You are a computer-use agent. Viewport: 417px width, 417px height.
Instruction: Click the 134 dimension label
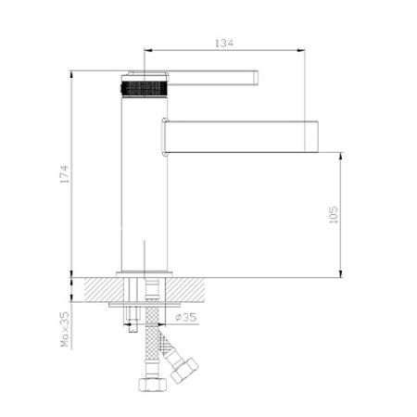[x=224, y=43]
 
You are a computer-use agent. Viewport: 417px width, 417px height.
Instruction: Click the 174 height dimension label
[x=65, y=174]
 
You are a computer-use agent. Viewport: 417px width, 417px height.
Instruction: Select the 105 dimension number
[x=334, y=214]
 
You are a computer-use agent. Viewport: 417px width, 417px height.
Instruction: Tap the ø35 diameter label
[x=185, y=317]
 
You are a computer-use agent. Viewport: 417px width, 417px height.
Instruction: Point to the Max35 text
[x=65, y=329]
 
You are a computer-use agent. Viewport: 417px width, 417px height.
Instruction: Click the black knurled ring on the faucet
[x=145, y=88]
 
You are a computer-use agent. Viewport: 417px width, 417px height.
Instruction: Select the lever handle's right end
[x=257, y=77]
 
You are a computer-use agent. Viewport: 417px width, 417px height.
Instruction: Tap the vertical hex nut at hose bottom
[x=152, y=385]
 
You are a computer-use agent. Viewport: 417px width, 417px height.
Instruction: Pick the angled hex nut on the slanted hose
[x=184, y=371]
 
